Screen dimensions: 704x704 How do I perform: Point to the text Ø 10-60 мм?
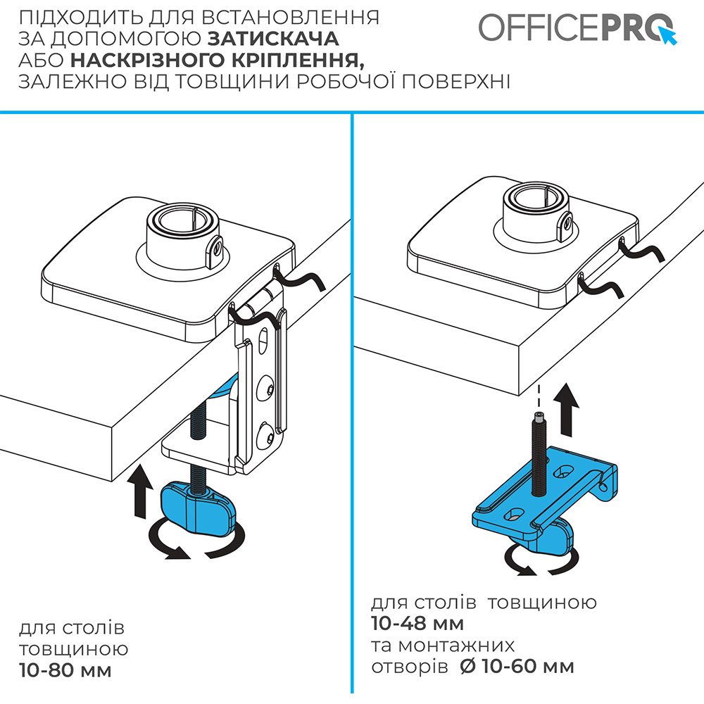tap(517, 666)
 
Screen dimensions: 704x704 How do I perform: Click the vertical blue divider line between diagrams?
tap(352, 401)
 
